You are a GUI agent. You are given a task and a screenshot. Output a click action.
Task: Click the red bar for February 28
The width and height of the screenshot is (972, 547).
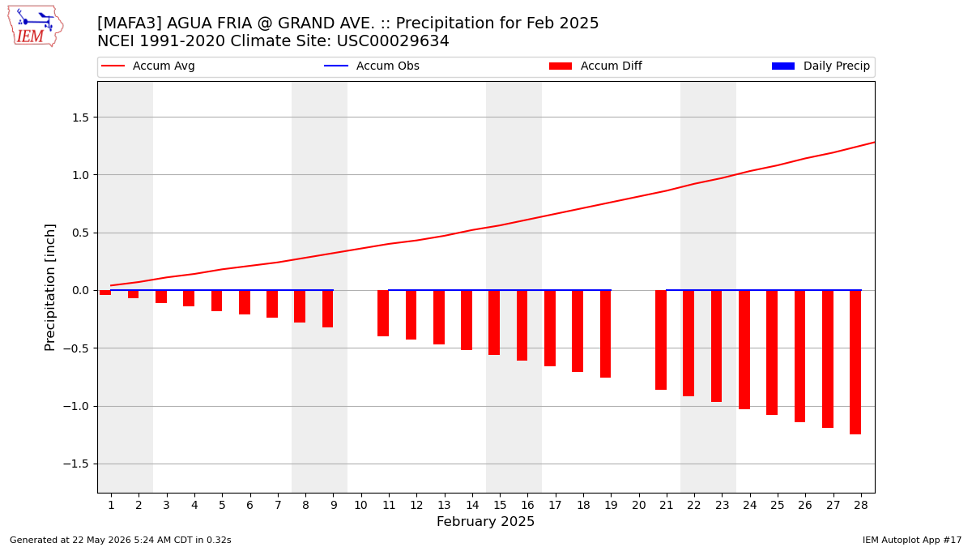[x=855, y=362]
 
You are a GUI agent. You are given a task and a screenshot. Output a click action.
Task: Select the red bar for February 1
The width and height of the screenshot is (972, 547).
[x=105, y=293]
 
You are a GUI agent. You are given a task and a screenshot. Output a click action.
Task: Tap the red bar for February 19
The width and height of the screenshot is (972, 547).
[x=605, y=334]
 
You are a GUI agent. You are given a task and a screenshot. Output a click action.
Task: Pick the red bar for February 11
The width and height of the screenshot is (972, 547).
[x=383, y=313]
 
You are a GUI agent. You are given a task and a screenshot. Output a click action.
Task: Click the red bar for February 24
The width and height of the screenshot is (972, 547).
[x=744, y=349]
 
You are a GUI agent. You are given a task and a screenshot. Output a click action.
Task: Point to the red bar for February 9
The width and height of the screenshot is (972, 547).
[x=327, y=309]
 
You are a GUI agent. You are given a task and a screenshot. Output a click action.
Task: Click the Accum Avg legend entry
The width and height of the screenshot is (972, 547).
[x=148, y=66]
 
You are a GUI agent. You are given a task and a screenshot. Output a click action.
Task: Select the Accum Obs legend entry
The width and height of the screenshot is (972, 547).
[x=372, y=66]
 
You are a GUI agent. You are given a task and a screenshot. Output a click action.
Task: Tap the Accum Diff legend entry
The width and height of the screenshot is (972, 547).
[x=595, y=66]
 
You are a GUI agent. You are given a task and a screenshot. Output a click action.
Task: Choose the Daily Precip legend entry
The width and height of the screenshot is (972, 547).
[x=821, y=66]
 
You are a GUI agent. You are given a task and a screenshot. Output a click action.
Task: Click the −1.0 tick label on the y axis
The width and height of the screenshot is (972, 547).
[x=76, y=406]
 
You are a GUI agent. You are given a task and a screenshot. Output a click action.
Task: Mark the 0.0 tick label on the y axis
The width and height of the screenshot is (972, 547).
[x=80, y=290]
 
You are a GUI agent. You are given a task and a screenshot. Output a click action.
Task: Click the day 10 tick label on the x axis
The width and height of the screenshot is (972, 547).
[x=361, y=505]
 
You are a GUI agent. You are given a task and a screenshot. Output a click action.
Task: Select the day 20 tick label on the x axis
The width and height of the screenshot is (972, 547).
[x=639, y=505]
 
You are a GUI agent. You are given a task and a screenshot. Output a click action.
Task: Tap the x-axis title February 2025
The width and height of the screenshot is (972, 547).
[x=485, y=521]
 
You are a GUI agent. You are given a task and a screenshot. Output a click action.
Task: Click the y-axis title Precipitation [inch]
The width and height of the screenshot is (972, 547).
[x=50, y=288]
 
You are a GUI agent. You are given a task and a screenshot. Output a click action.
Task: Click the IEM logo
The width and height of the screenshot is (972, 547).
[x=36, y=27]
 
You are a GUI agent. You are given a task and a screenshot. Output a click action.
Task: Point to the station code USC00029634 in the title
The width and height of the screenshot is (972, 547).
[x=393, y=41]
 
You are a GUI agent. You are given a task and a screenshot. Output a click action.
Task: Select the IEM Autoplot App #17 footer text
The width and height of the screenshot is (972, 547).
[x=912, y=540]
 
